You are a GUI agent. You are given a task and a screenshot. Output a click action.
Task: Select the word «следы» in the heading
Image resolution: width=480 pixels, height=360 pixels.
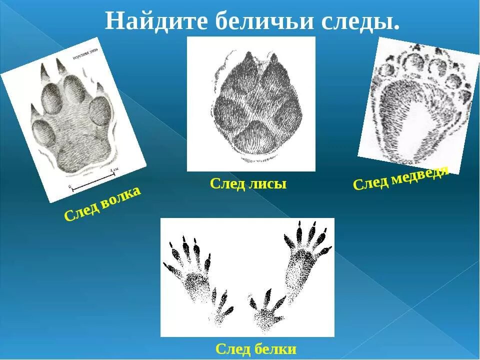pyautogui.click(x=363, y=20)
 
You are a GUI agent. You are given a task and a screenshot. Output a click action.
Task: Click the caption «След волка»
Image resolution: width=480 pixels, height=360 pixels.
pyautogui.click(x=102, y=204)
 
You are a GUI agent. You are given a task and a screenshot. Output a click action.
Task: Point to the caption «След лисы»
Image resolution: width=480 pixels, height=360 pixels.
pyautogui.click(x=248, y=184)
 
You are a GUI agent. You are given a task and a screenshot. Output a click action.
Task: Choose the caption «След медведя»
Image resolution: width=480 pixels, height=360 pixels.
pyautogui.click(x=400, y=177)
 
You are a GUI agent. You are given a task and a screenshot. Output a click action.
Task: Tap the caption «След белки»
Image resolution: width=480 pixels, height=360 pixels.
pyautogui.click(x=256, y=348)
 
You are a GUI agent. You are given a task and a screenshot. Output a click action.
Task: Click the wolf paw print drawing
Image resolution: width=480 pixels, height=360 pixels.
pyautogui.click(x=74, y=122)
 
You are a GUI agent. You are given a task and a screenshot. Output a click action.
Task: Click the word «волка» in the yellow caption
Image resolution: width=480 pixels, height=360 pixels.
pyautogui.click(x=120, y=197)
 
